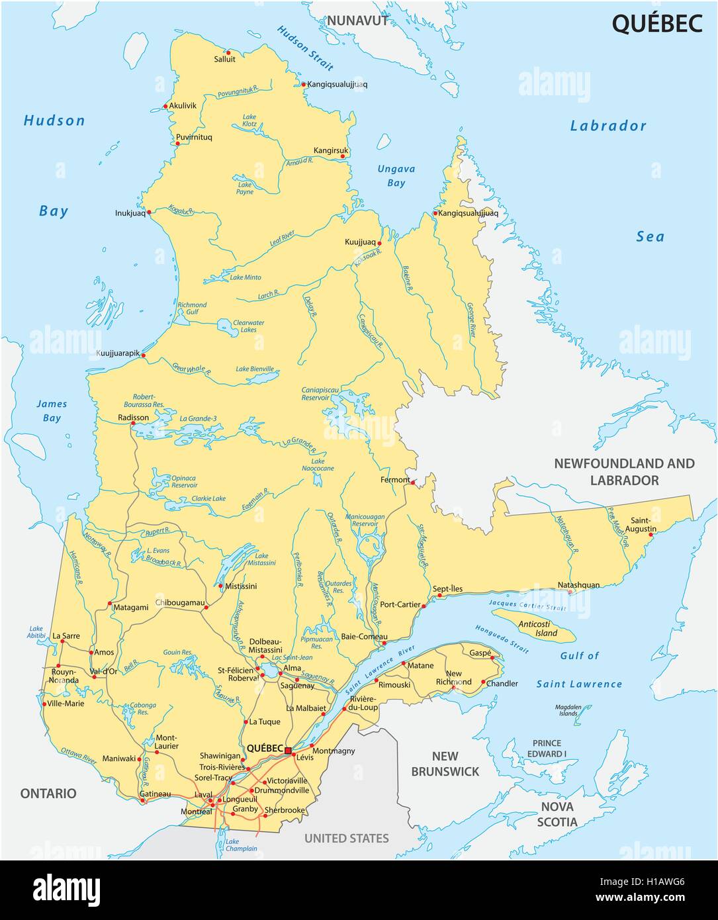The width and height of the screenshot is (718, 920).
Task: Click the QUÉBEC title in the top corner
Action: click(x=656, y=23)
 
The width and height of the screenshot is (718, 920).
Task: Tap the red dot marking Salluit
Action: click(x=227, y=52)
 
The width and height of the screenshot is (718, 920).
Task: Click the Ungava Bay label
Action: click(x=396, y=175)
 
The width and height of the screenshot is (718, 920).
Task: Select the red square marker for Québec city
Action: click(x=289, y=749)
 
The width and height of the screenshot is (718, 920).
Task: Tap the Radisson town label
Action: click(x=133, y=418)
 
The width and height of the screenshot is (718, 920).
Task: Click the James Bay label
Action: click(x=51, y=410)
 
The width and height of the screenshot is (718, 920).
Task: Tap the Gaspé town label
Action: click(x=480, y=652)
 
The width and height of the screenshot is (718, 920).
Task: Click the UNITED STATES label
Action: click(x=346, y=838)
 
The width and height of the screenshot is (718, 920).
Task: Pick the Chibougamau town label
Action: click(x=179, y=602)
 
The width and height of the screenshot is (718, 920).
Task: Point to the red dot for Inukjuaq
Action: click(x=149, y=212)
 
